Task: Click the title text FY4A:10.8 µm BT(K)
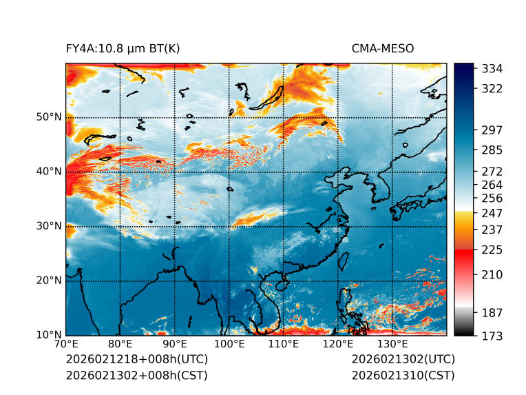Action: point(123,48)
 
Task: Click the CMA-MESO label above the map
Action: point(383,48)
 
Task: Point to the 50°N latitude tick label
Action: point(49,117)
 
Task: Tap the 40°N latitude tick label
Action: point(49,171)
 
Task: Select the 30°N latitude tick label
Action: point(49,225)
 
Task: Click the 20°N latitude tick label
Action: point(49,281)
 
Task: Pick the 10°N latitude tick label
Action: point(49,335)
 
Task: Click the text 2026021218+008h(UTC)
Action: point(136,360)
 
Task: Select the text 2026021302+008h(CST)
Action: point(136,376)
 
